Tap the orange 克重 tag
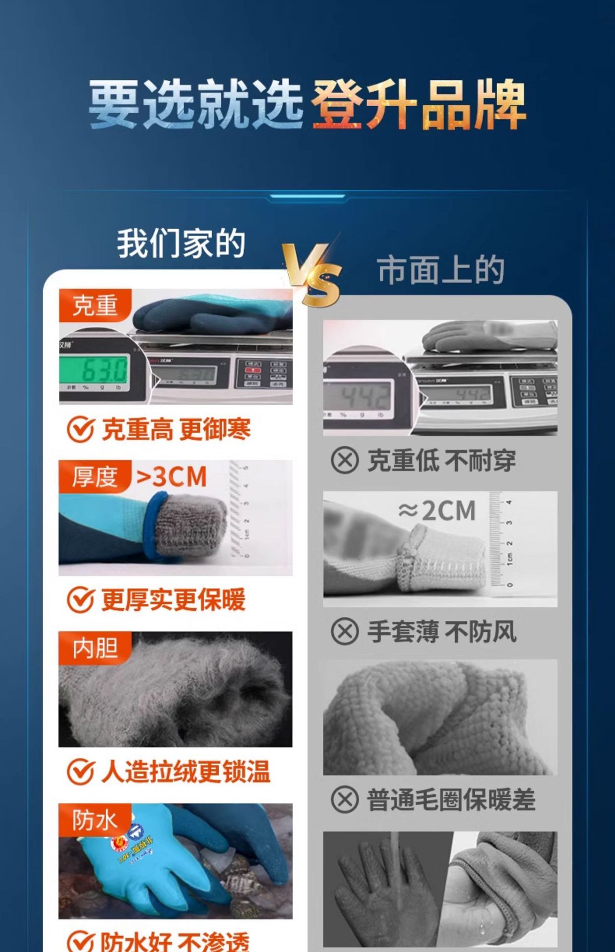coord(95,305)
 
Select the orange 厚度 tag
coord(95,476)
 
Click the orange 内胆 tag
coord(95,648)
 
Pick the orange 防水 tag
coord(95,820)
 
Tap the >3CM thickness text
coord(171,477)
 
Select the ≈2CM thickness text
coord(437,511)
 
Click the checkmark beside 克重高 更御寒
coord(80,429)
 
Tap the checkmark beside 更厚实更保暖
coord(80,600)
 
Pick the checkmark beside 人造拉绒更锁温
coord(80,772)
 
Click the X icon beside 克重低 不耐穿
coord(345,461)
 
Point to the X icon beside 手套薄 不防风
coord(345,632)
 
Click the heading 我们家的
coord(181,243)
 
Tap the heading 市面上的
coord(441,270)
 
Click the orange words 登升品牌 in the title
coord(418,106)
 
